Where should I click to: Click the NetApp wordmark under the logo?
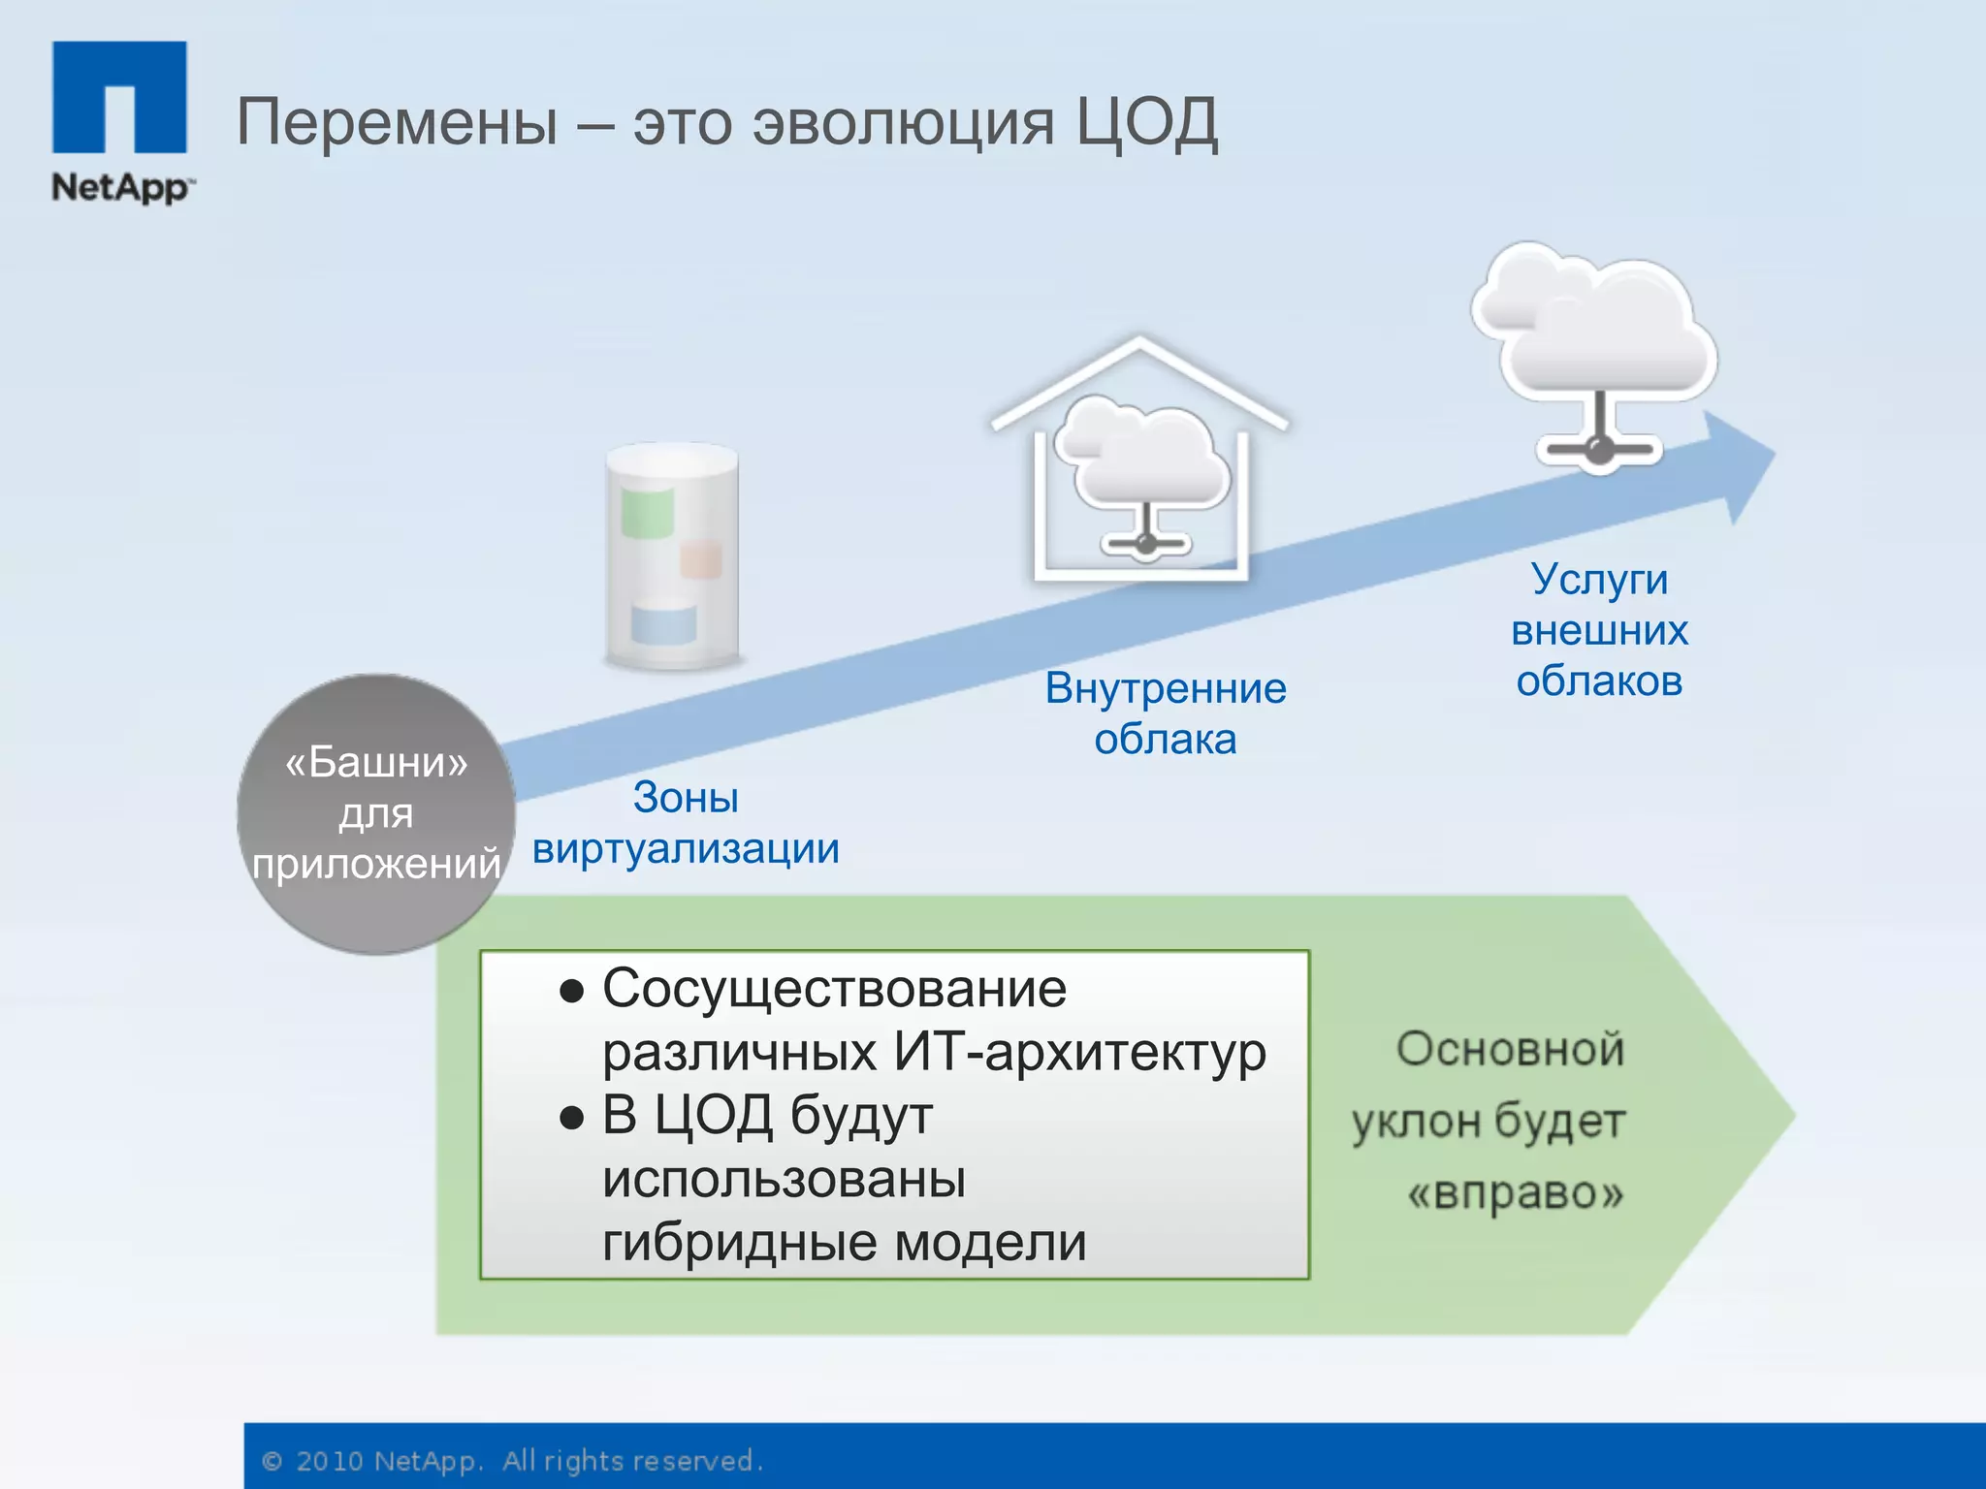120,186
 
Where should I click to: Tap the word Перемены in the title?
398,123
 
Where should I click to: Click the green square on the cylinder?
647,513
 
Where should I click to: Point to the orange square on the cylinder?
701,560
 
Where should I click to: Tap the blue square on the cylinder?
663,624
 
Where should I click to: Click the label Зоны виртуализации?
686,823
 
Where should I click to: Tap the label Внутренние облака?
1166,713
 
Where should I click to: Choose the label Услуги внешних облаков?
1599,629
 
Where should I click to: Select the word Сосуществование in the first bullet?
834,989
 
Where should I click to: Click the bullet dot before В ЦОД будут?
572,1119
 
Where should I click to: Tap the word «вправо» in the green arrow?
1515,1192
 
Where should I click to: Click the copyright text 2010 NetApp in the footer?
388,1461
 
